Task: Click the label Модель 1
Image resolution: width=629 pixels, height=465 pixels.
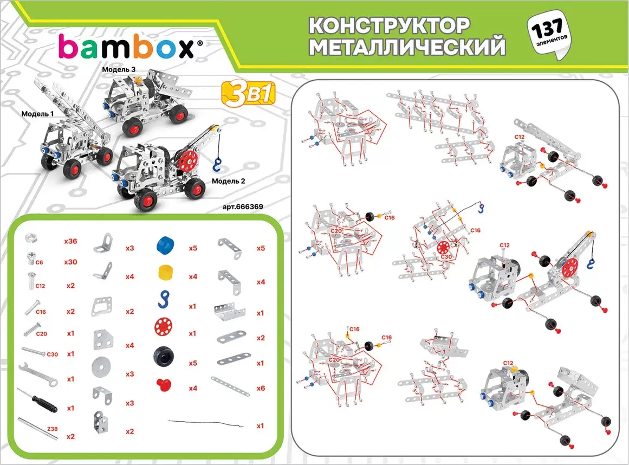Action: (37, 114)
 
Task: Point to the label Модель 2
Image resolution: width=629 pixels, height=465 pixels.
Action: (228, 181)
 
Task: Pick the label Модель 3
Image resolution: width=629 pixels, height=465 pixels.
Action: (119, 69)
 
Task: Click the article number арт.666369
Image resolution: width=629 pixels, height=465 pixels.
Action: (243, 207)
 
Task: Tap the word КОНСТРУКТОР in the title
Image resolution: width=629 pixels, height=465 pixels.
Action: (388, 26)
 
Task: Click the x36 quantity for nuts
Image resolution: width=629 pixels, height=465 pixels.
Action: (70, 241)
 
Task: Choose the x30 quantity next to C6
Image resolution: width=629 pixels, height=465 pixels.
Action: (70, 262)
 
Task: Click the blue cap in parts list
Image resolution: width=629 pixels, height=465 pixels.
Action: (165, 245)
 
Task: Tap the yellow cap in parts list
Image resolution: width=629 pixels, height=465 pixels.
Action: (165, 273)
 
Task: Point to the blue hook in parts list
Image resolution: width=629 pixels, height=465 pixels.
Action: (164, 300)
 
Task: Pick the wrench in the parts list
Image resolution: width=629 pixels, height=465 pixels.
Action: (38, 374)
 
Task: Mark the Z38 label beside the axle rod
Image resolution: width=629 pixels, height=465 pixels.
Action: (53, 429)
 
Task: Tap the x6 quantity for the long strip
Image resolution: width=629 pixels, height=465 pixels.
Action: (261, 389)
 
